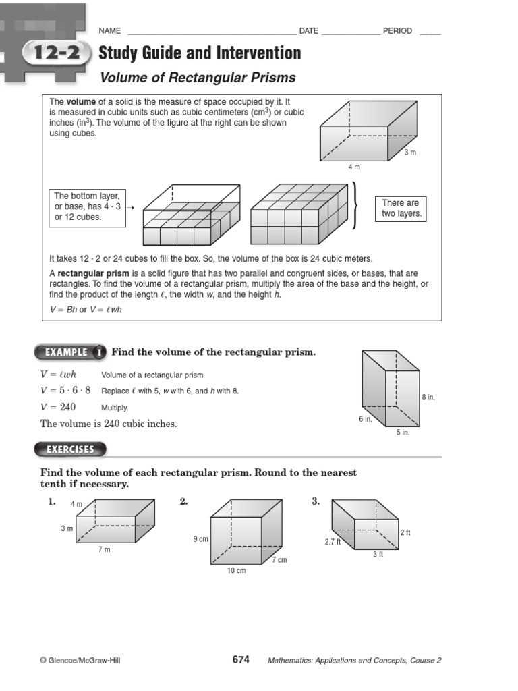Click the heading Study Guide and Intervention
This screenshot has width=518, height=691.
tap(200, 53)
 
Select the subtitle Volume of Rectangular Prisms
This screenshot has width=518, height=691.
tap(197, 78)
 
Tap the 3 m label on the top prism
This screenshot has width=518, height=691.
tap(410, 153)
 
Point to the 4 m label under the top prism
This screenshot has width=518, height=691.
tap(354, 167)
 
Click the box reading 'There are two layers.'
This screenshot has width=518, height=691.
tap(401, 208)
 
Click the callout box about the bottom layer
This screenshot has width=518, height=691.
tap(87, 206)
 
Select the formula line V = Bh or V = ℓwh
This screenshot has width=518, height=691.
tap(86, 310)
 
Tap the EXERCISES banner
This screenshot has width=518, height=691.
tap(70, 449)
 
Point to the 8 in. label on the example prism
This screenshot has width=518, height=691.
tap(428, 397)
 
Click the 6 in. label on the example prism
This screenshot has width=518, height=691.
tap(365, 419)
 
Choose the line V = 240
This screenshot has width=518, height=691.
tap(58, 407)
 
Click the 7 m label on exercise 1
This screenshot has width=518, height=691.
tap(104, 549)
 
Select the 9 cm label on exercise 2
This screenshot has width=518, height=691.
tap(200, 539)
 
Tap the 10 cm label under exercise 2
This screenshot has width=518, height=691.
tap(236, 570)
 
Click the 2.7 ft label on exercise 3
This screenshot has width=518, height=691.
tap(333, 541)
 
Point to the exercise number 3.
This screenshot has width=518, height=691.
tap(316, 501)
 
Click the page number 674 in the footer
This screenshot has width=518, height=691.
tap(241, 660)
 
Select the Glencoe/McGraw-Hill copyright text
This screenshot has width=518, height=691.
tap(81, 661)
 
